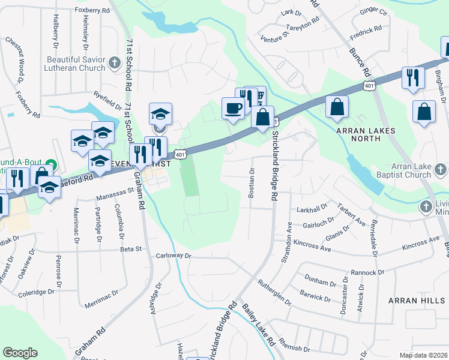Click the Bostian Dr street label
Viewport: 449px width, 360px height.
tap(252, 182)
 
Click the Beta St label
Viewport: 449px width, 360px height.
tap(130, 248)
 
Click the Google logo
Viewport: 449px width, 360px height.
tap(20, 353)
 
